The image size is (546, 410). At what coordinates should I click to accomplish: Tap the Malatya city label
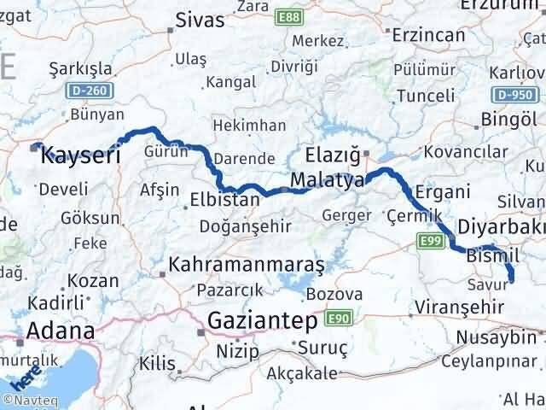point(327,180)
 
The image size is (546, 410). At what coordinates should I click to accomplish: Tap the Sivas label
point(200,20)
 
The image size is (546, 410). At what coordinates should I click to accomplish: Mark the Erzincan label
point(428,35)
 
